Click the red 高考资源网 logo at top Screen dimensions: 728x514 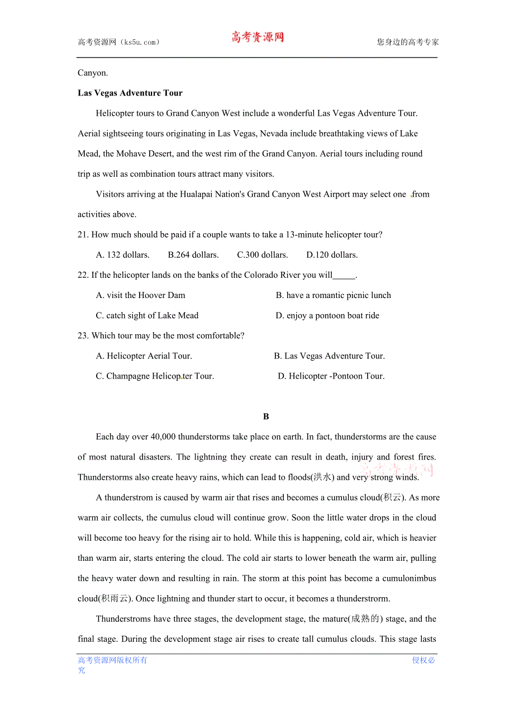258,37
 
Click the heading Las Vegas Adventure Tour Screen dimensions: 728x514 130,93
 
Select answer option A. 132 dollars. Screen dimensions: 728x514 122,255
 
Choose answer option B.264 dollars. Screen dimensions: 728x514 193,255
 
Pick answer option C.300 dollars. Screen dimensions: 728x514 262,255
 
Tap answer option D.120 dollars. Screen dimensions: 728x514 332,255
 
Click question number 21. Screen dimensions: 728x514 83,235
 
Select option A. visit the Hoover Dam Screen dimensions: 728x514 140,295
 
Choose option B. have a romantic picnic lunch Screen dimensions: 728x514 333,295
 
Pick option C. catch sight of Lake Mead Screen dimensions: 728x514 147,315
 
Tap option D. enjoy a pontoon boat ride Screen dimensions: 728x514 327,315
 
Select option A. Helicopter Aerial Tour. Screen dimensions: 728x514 144,356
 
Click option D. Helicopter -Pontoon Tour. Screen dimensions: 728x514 331,376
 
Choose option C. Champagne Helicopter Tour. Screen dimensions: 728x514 155,376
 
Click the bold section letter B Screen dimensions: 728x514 266,417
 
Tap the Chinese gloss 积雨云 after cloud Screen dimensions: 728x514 116,599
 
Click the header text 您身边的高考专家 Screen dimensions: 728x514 408,42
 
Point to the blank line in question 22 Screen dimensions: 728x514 344,276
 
